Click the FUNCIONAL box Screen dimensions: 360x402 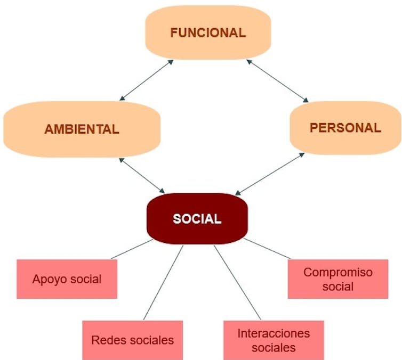coord(208,32)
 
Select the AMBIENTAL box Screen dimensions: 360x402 coord(82,129)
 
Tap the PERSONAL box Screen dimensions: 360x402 coord(345,128)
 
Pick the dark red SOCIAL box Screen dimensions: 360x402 coord(197,218)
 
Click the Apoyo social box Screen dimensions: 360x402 coord(67,279)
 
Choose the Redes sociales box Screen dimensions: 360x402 coord(132,339)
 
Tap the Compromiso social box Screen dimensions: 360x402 coord(337,279)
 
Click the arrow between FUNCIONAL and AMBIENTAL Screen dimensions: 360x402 coord(147,80)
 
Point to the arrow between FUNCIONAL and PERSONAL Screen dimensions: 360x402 coord(277,80)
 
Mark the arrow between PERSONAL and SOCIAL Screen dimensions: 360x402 coord(270,174)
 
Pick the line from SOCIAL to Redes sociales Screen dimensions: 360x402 coord(163,282)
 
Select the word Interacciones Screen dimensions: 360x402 coord(273,333)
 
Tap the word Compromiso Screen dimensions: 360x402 coord(337,272)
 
